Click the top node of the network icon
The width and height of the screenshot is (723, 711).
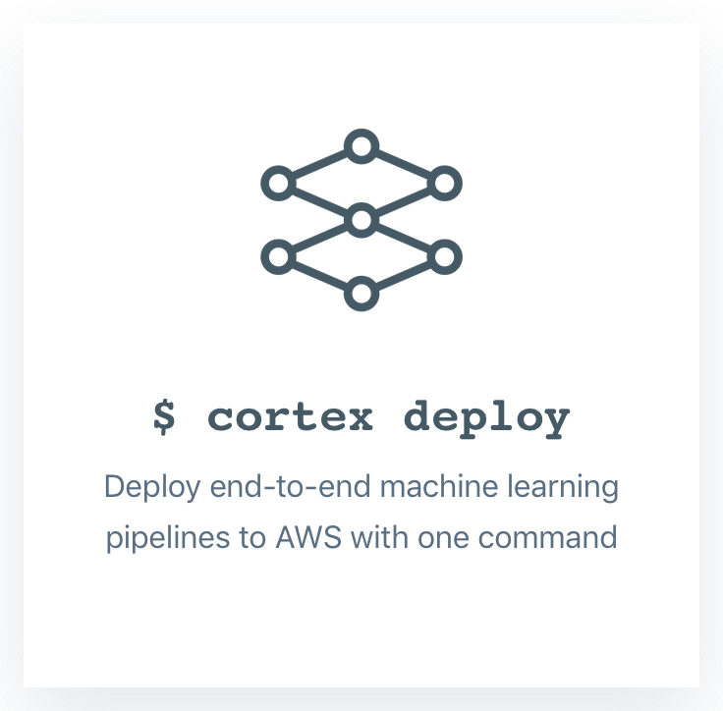[361, 147]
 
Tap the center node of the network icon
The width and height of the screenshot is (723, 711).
[361, 220]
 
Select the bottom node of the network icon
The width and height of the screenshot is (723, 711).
[361, 293]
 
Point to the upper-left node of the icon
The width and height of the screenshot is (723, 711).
[279, 183]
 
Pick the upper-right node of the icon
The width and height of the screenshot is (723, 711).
[444, 183]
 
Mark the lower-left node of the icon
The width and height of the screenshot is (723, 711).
[279, 256]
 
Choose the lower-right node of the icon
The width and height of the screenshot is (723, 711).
[444, 256]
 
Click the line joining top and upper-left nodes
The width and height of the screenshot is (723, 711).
[320, 165]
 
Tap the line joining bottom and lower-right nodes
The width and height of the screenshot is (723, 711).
[403, 275]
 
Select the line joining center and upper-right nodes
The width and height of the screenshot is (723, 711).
[403, 201]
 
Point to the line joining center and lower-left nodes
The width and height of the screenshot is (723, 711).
[320, 239]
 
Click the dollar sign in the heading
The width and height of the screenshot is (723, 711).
[165, 416]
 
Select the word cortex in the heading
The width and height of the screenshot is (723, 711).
[291, 417]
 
